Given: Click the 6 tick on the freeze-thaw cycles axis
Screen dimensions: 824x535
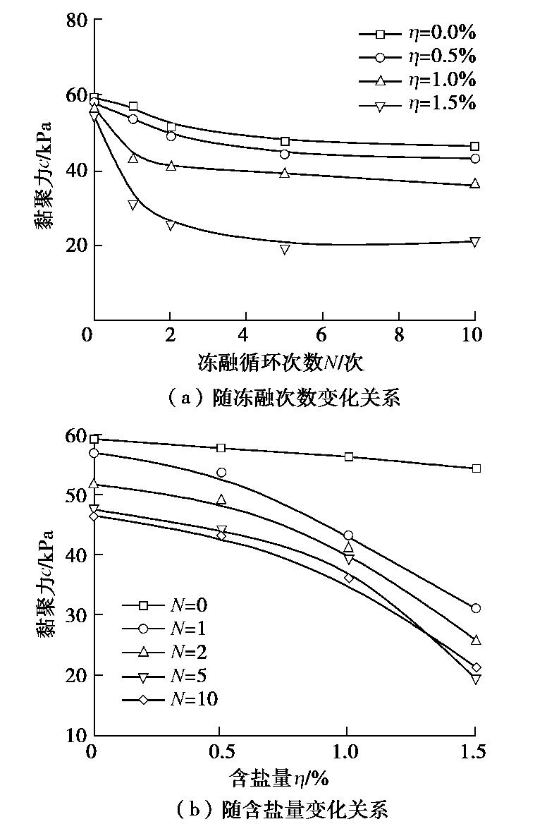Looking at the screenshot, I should (x=322, y=334).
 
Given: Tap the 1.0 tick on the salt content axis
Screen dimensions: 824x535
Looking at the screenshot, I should (x=347, y=752).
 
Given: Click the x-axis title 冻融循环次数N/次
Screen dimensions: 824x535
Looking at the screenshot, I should (x=281, y=363).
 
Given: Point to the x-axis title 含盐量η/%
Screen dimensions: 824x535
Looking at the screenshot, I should (x=280, y=779).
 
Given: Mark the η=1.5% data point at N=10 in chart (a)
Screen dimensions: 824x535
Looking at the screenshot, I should (x=474, y=242).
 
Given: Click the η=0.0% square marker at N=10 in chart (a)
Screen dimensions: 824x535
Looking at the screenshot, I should (x=474, y=146).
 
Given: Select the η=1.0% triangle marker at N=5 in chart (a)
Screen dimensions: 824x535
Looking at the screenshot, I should (x=285, y=172).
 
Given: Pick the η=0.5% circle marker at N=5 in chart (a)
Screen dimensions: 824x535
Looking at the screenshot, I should (x=285, y=154).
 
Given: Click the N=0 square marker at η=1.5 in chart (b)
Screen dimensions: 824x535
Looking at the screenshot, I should (x=476, y=468).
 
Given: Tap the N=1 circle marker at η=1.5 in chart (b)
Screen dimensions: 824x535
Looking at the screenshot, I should (x=476, y=608).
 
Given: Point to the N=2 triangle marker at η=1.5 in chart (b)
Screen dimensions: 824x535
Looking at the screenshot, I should (x=476, y=640).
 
